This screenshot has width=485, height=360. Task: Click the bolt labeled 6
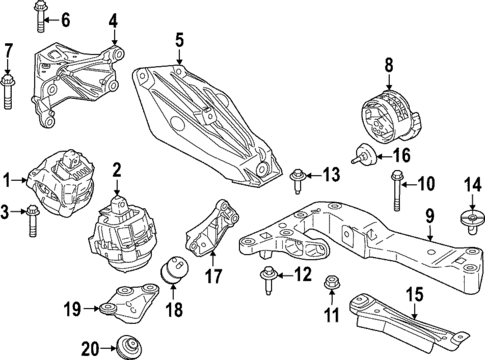[40, 17]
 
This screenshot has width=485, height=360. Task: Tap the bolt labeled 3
[32, 213]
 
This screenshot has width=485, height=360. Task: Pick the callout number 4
[112, 19]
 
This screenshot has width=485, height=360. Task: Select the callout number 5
[179, 41]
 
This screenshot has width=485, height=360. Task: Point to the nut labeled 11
[331, 290]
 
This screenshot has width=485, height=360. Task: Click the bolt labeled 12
[268, 276]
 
